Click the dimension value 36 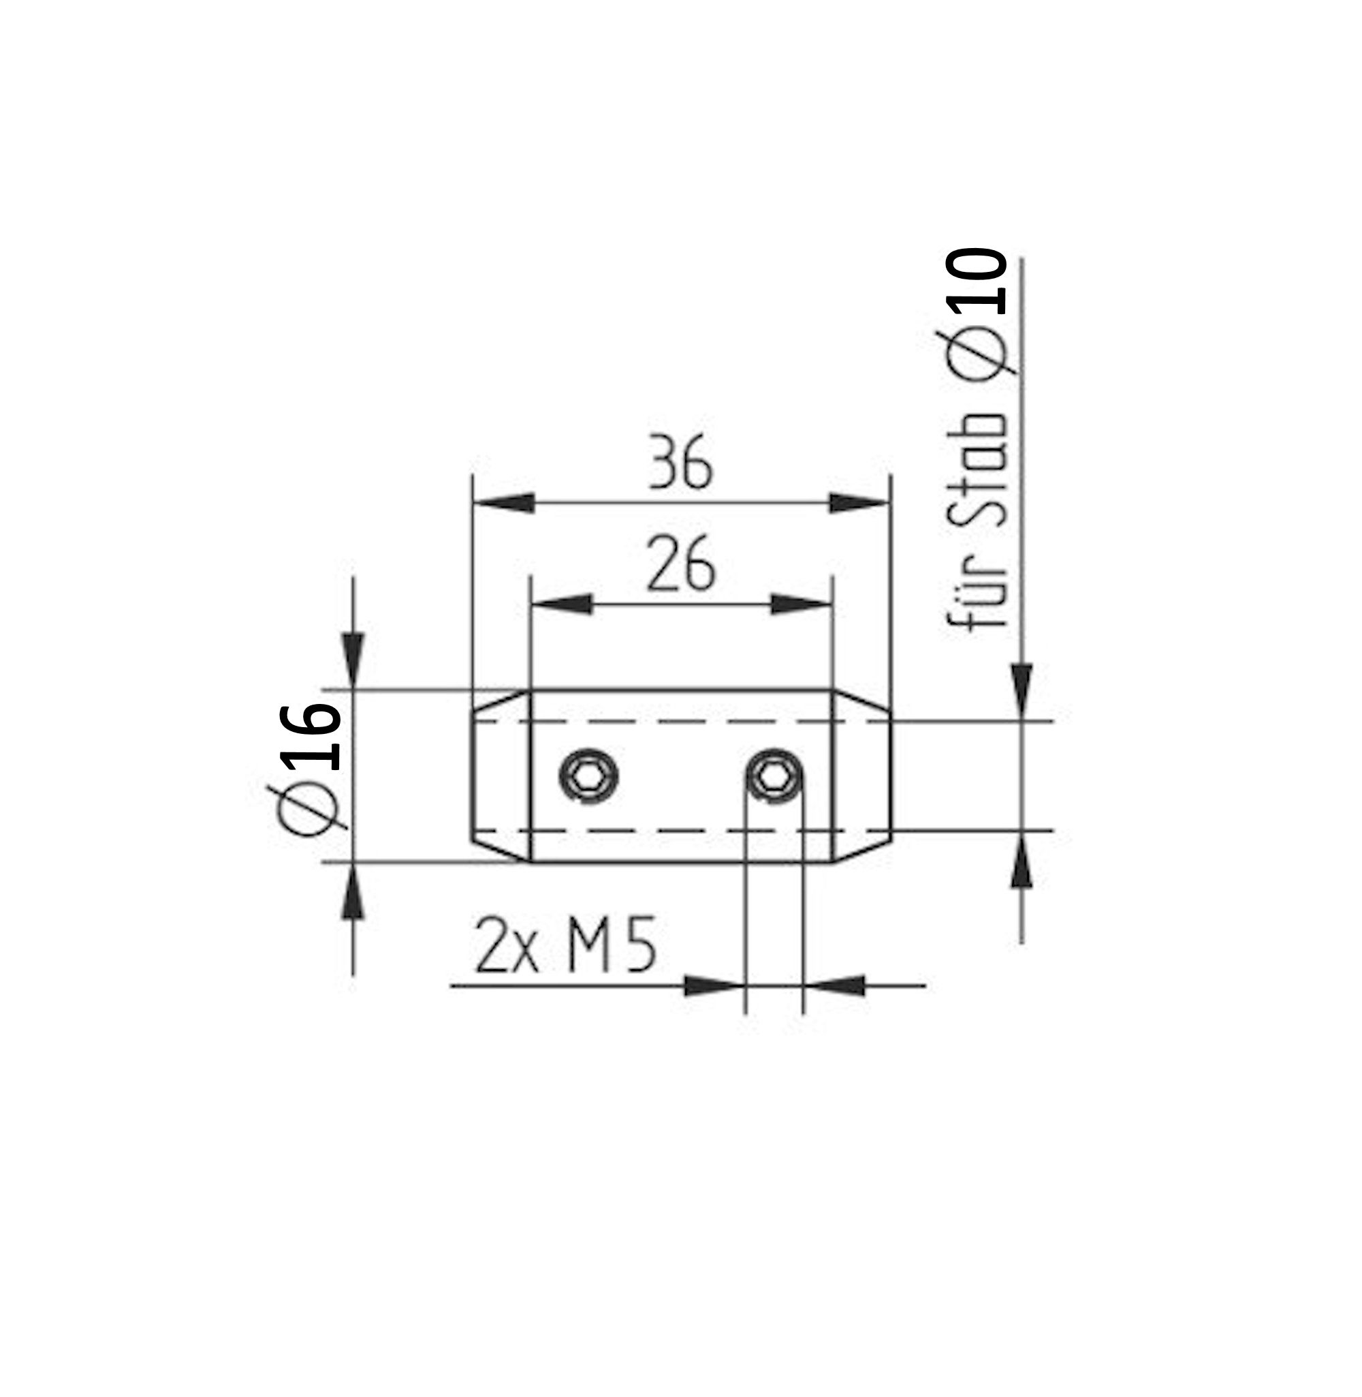(x=680, y=463)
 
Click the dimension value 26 (x=680, y=566)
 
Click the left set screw (x=588, y=776)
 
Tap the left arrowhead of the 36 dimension (x=505, y=502)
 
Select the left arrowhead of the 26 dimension (x=563, y=604)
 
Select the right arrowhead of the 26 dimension (x=800, y=604)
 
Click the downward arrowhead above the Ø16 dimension (x=353, y=659)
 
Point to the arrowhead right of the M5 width (x=835, y=986)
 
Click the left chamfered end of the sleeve (x=500, y=776)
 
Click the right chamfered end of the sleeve (x=863, y=776)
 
